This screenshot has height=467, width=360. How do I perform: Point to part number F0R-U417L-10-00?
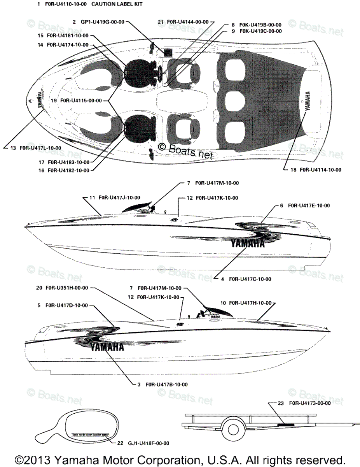coord(41,148)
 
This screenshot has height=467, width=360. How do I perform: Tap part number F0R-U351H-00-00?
coord(67,288)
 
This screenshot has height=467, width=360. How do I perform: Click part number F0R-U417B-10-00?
coord(166,384)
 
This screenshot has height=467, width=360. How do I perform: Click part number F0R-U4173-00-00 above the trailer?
coord(310,403)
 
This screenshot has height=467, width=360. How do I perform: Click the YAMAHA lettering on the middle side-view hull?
coord(247,244)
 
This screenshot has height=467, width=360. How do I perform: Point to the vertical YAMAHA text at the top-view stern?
coord(308,102)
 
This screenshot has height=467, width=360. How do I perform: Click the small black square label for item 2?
coord(168,53)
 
